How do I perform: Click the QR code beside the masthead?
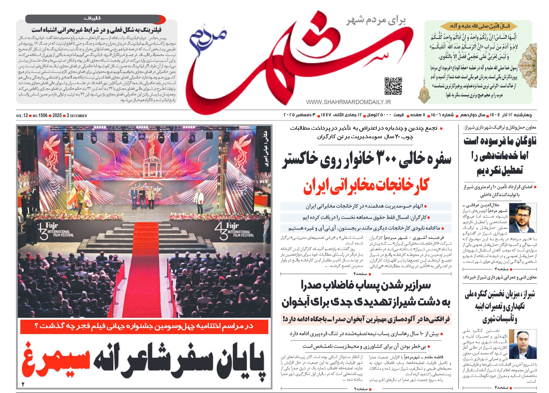(x=393, y=86)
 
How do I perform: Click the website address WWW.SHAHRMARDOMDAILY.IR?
(x=348, y=102)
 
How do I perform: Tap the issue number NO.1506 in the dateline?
(x=40, y=116)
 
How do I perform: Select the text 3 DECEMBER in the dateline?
(x=77, y=116)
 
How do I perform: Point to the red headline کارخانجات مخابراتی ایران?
(x=366, y=186)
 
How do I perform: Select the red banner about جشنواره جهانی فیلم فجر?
(x=144, y=326)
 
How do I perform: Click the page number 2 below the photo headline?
(x=23, y=384)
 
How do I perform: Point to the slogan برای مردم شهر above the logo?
(x=376, y=20)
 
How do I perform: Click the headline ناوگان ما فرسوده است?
(x=500, y=141)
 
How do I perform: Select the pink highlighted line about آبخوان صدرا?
(x=366, y=319)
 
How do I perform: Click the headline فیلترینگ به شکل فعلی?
(x=97, y=29)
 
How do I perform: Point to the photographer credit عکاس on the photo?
(x=265, y=148)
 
